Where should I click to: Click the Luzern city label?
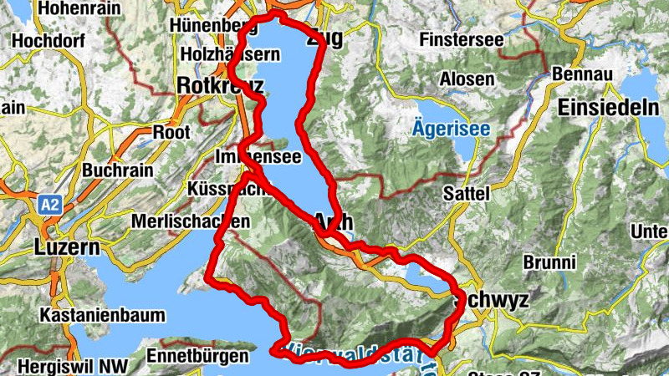coord(67,248)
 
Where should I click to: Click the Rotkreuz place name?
coord(220,85)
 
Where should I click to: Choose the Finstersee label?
coord(462,39)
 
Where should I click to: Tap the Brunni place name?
coord(549,262)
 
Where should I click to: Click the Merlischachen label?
coord(191,222)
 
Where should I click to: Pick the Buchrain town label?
coord(117,170)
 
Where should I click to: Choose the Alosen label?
coord(467,79)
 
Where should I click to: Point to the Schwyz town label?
coord(491,302)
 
